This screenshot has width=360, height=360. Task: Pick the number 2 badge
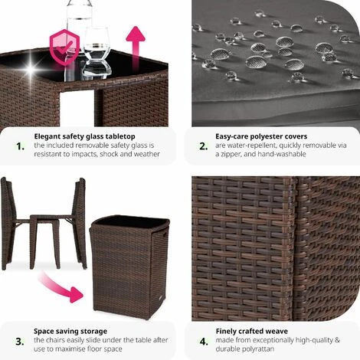[x=204, y=146]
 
